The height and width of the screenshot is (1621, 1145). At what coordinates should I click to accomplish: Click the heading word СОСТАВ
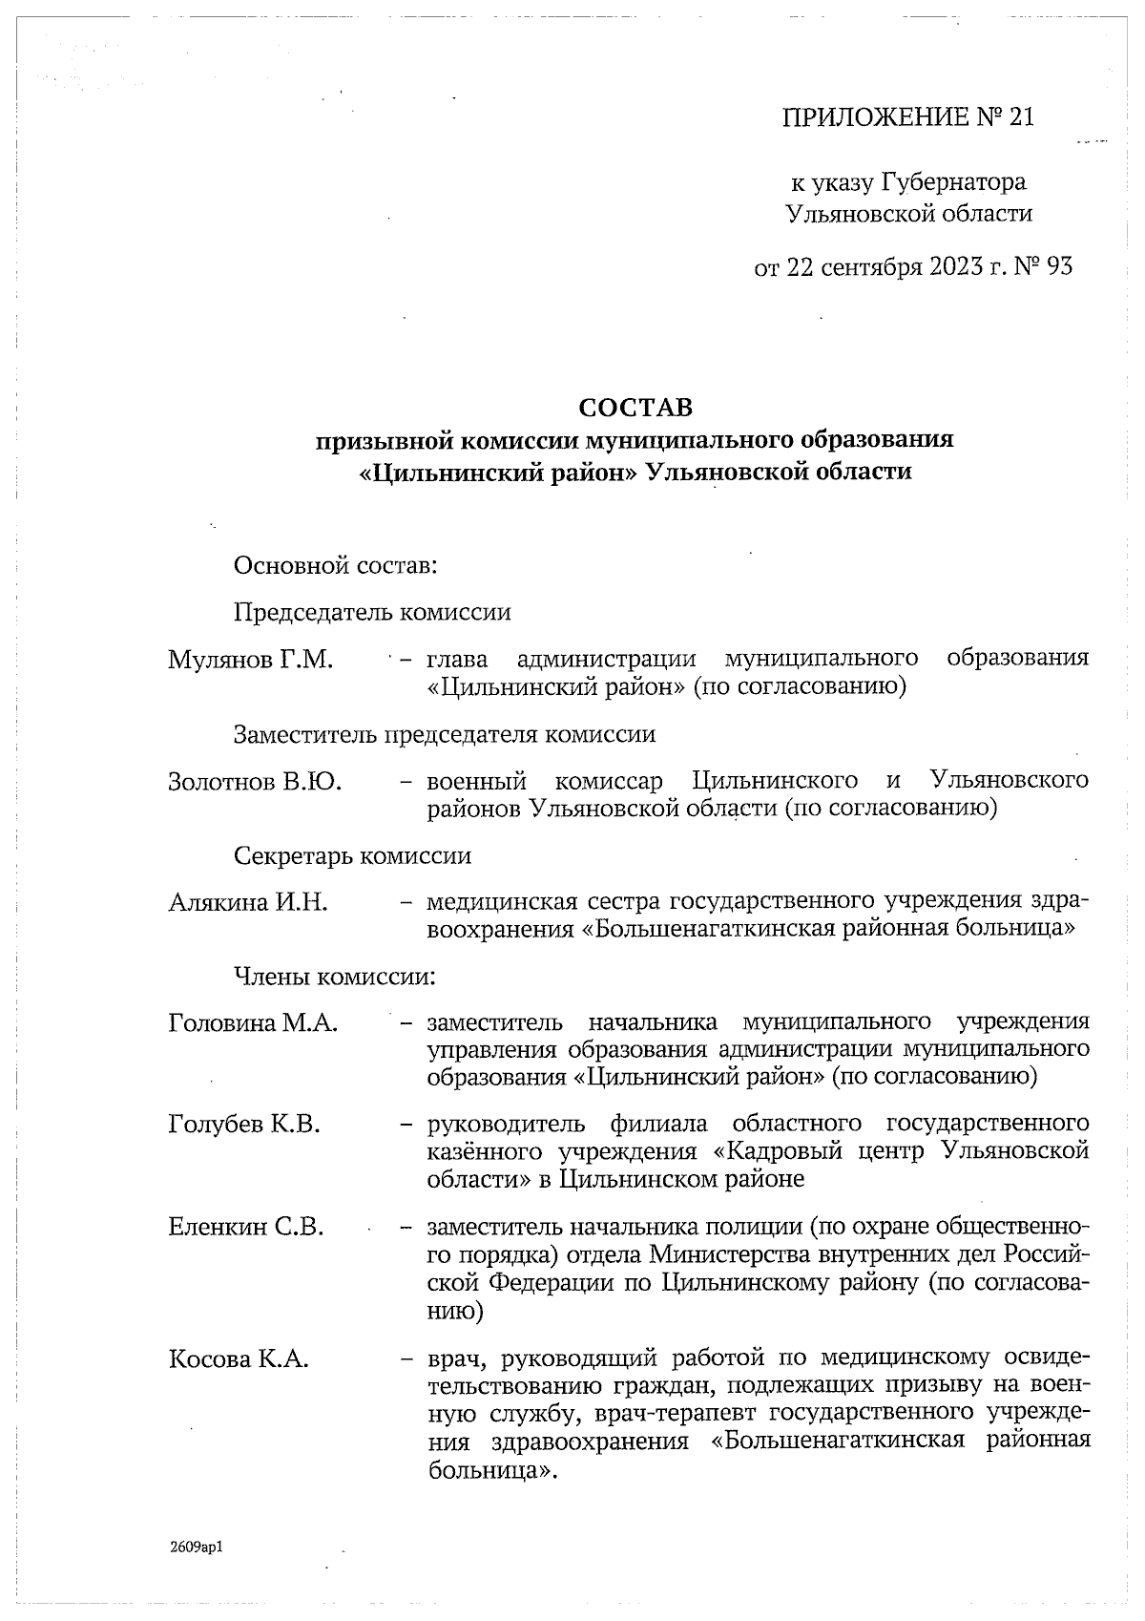point(635,408)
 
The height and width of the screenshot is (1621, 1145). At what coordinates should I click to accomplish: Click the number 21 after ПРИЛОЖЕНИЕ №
point(1019,117)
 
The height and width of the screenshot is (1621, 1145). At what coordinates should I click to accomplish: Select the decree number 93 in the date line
point(1059,266)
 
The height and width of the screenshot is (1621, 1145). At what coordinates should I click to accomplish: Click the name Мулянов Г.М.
point(250,660)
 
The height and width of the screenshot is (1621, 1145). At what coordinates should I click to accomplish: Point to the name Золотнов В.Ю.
point(255,782)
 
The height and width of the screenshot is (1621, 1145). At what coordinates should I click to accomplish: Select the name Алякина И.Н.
point(248,902)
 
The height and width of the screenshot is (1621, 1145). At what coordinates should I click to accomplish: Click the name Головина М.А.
point(253,1023)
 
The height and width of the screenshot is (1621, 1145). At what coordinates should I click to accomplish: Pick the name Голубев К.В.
point(244,1125)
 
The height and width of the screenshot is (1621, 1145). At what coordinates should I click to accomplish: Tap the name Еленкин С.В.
point(246,1227)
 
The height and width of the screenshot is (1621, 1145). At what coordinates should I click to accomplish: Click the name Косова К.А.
point(239,1358)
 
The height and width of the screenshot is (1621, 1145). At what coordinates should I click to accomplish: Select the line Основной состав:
point(335,565)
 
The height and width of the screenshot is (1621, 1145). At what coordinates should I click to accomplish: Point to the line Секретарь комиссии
point(352,855)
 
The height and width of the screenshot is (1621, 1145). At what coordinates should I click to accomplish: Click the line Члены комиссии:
point(335,977)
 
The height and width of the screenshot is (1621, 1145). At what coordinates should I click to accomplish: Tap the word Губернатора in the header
point(953,181)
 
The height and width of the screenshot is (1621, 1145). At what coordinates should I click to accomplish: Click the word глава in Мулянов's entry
point(457,660)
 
